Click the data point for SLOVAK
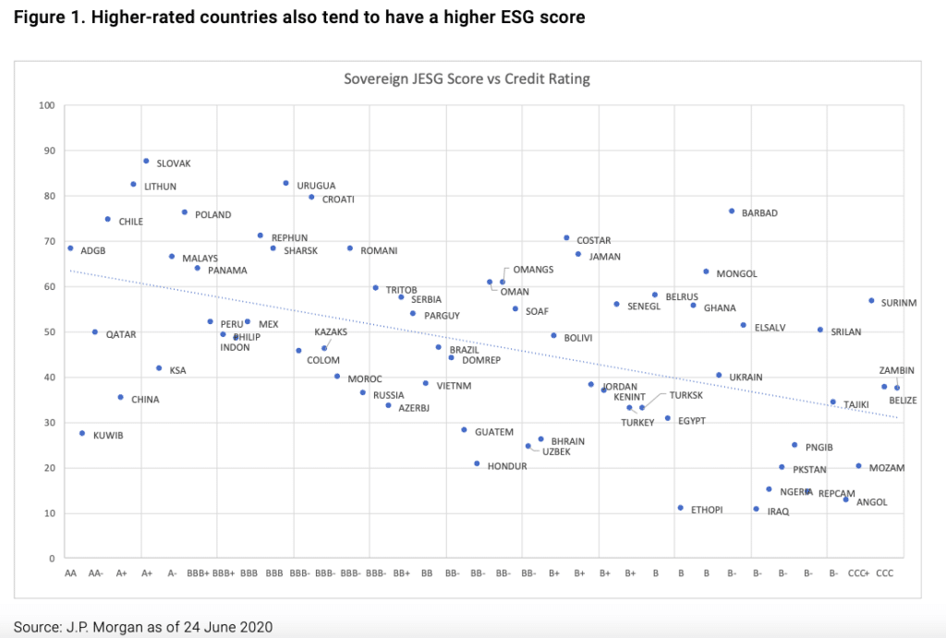[x=146, y=161]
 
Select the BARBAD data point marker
[x=732, y=211]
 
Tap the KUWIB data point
[x=82, y=433]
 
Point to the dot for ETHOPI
[x=681, y=508]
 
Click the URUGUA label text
[x=316, y=186]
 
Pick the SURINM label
[x=899, y=303]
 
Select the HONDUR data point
[x=477, y=463]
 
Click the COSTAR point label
[x=593, y=241]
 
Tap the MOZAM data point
[x=858, y=466]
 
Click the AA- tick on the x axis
[x=96, y=573]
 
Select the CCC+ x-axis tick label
[x=858, y=573]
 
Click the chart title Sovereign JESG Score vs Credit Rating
[x=467, y=78]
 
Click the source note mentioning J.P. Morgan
[x=143, y=627]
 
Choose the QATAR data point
[x=95, y=331]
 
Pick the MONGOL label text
[x=736, y=274]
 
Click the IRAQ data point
[x=756, y=509]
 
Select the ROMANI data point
[x=350, y=248]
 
